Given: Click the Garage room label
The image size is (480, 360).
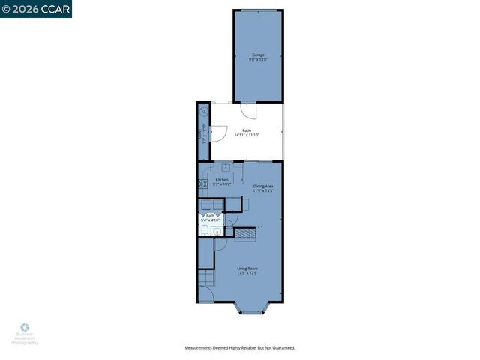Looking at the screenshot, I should [x=258, y=54].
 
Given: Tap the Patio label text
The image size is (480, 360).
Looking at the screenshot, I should [x=247, y=130].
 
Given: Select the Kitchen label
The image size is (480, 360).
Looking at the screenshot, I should [x=222, y=180].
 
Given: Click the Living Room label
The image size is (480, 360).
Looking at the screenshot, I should [x=247, y=268].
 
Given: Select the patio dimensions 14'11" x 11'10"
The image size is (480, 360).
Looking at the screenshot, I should [x=247, y=135].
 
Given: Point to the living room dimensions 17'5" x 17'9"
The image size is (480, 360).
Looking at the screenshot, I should [x=247, y=272].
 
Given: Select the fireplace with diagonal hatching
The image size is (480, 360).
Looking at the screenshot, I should [x=246, y=235].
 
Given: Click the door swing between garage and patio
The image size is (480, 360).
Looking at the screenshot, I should [x=253, y=110].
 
